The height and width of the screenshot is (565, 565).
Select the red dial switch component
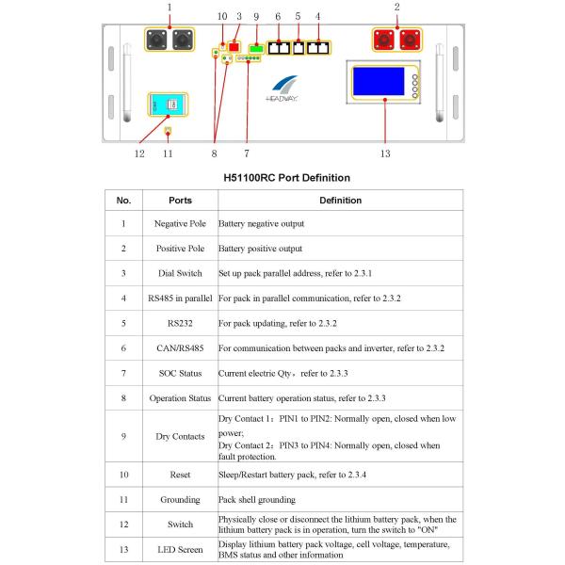[235, 45]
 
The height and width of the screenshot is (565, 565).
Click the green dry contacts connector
[254, 46]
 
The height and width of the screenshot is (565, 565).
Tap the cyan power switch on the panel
[166, 106]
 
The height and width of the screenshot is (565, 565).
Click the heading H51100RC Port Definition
[286, 177]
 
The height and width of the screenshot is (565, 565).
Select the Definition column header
[340, 201]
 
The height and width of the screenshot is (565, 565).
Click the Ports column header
[180, 201]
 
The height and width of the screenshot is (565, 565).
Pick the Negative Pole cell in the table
[180, 224]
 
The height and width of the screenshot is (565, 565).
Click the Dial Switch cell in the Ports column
[180, 273]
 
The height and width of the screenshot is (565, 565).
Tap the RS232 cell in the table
[180, 323]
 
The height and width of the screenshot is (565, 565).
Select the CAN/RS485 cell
[180, 348]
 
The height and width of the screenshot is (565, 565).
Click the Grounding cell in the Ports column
[180, 499]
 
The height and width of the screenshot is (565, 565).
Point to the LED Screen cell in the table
[180, 549]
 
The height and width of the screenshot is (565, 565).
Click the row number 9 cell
[123, 436]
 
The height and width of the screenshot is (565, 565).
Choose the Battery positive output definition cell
[262, 249]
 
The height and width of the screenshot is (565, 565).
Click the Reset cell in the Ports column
[180, 474]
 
